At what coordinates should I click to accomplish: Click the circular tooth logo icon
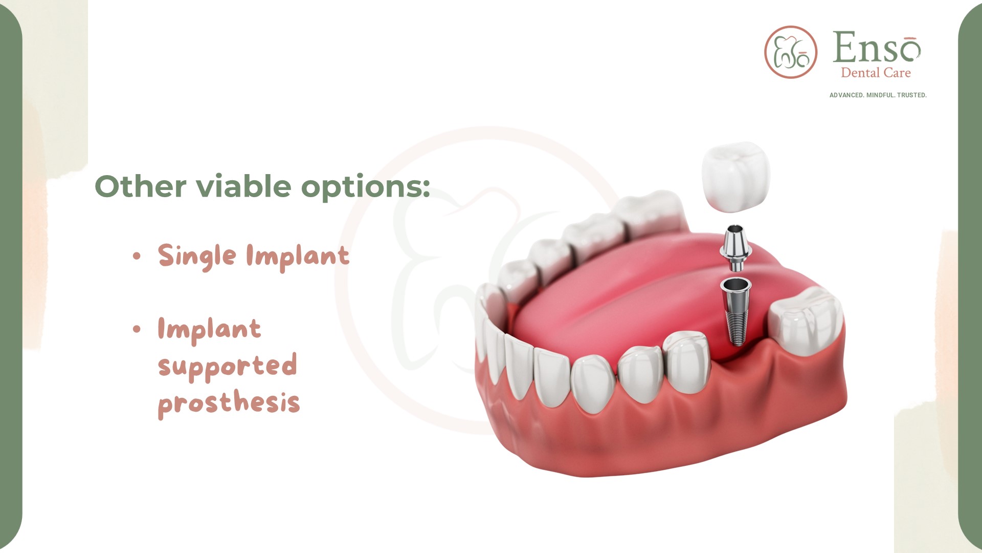(x=791, y=52)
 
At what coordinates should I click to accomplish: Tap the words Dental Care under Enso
(x=876, y=73)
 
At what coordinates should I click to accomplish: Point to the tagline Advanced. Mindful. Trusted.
(x=878, y=95)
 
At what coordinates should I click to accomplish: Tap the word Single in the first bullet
(x=197, y=256)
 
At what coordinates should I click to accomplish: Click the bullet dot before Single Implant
(x=137, y=256)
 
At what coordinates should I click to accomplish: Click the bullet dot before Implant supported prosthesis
(x=137, y=329)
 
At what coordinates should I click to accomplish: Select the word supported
(x=228, y=366)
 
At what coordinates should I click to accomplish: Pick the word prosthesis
(x=229, y=403)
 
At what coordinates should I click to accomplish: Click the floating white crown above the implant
(x=736, y=177)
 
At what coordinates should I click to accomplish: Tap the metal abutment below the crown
(x=735, y=248)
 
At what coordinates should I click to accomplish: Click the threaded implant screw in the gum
(x=735, y=311)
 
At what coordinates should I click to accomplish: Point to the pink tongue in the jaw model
(x=629, y=297)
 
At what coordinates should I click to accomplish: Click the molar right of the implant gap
(x=806, y=321)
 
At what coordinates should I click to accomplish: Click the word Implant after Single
(x=298, y=256)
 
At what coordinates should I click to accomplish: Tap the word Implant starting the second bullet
(x=210, y=329)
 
